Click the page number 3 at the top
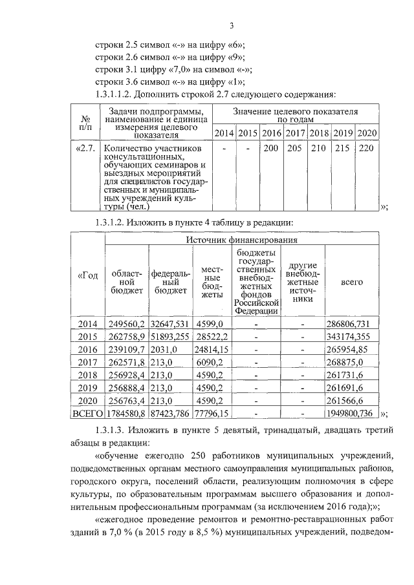(230, 25)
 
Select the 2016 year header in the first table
(271, 133)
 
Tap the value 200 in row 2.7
(271, 148)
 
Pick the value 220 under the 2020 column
(367, 148)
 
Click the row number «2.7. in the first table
(86, 148)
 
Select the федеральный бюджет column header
(171, 282)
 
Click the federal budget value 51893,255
(171, 337)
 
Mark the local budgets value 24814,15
(212, 349)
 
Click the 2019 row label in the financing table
(87, 388)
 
